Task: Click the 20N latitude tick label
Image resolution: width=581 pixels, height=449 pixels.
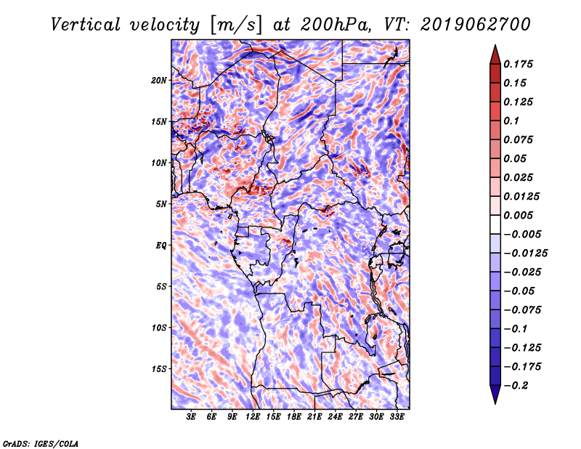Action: pyautogui.click(x=159, y=81)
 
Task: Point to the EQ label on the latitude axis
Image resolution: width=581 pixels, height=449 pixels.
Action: pyautogui.click(x=161, y=246)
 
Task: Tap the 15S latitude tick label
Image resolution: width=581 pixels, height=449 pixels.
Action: pyautogui.click(x=159, y=369)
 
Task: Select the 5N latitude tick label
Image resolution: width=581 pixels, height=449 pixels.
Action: pyautogui.click(x=161, y=204)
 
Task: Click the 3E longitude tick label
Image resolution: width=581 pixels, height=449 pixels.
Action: pyautogui.click(x=191, y=417)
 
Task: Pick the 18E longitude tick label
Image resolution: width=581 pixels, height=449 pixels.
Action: pyautogui.click(x=294, y=417)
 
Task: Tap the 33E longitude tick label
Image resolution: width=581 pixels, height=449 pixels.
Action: pyautogui.click(x=397, y=417)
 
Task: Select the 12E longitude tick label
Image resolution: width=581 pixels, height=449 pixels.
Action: pyautogui.click(x=253, y=417)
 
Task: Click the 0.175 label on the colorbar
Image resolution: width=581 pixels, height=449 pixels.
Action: pyautogui.click(x=518, y=64)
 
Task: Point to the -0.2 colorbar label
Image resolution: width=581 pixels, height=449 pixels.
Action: pyautogui.click(x=516, y=386)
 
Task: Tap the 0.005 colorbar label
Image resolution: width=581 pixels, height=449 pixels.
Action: pyautogui.click(x=518, y=215)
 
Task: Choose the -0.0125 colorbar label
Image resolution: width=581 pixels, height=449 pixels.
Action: pyautogui.click(x=525, y=254)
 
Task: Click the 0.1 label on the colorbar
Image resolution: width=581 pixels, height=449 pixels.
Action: pyautogui.click(x=511, y=121)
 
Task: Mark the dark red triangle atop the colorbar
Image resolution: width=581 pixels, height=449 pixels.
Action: pyautogui.click(x=495, y=56)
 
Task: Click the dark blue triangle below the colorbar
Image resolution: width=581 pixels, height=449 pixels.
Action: pyautogui.click(x=495, y=394)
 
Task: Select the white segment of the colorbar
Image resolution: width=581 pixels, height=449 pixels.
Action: pyautogui.click(x=495, y=224)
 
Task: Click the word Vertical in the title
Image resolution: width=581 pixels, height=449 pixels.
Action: pyautogui.click(x=86, y=25)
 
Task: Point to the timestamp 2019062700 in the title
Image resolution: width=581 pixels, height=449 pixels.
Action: pyautogui.click(x=476, y=25)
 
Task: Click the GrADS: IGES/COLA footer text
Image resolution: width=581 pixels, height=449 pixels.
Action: pyautogui.click(x=41, y=444)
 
